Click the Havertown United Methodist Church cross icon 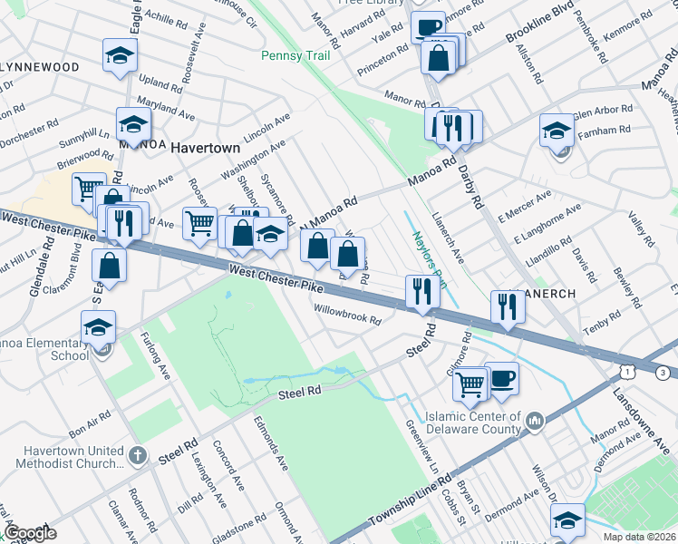[x=136, y=454]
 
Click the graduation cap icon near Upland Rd [x=120, y=56]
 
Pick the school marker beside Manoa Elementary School [x=99, y=328]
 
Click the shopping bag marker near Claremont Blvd [x=109, y=267]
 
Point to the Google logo [x=31, y=533]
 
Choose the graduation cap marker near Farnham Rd [x=557, y=131]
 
